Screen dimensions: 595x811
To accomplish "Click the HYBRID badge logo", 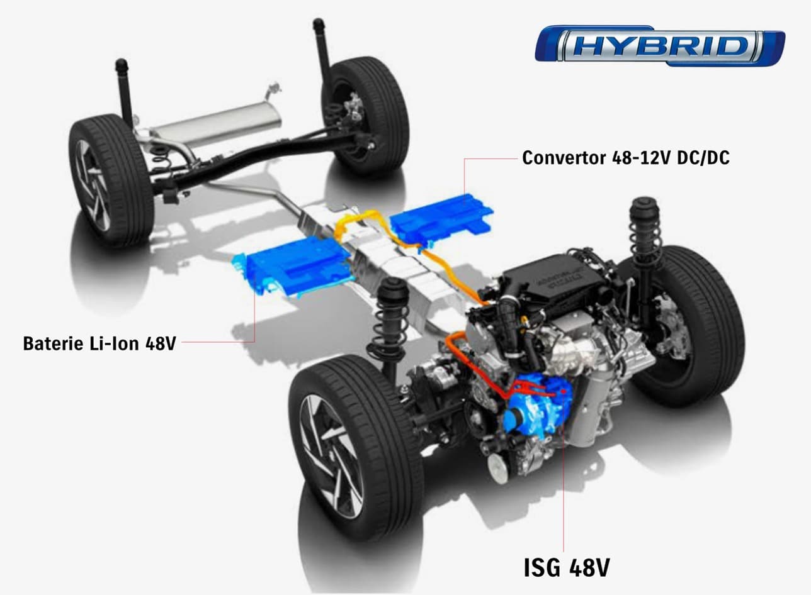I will pyautogui.click(x=659, y=46).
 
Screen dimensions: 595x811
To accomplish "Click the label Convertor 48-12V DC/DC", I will pyautogui.click(x=625, y=158).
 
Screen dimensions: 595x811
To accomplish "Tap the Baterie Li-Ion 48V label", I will pyautogui.click(x=99, y=343).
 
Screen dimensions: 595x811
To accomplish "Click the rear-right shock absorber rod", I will pyautogui.click(x=323, y=50).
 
